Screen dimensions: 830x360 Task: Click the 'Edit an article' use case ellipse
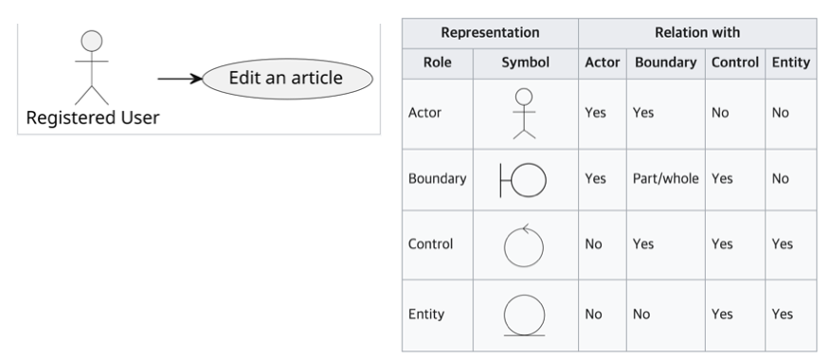pyautogui.click(x=287, y=79)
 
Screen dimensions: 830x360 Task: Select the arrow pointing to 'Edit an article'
pyautogui.click(x=180, y=79)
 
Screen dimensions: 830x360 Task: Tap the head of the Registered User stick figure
pyautogui.click(x=92, y=41)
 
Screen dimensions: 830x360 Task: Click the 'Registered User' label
pyautogui.click(x=93, y=117)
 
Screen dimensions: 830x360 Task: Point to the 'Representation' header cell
pyautogui.click(x=490, y=33)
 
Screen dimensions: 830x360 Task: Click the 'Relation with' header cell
pyautogui.click(x=697, y=33)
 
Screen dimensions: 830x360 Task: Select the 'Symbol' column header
pyautogui.click(x=525, y=63)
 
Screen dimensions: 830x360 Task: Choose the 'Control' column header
pyautogui.click(x=734, y=63)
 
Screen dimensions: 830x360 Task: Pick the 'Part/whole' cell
pyautogui.click(x=665, y=179)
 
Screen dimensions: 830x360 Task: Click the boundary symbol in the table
pyautogui.click(x=523, y=181)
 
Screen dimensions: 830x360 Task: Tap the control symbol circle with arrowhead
pyautogui.click(x=524, y=245)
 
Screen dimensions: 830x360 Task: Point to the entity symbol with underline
pyautogui.click(x=524, y=315)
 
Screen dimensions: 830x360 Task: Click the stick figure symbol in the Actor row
pyautogui.click(x=524, y=114)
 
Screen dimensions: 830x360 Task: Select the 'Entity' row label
pyautogui.click(x=426, y=315)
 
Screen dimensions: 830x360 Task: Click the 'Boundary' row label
pyautogui.click(x=437, y=179)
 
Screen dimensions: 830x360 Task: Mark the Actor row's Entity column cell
pyautogui.click(x=791, y=114)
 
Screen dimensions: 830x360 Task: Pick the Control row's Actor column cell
pyautogui.click(x=603, y=244)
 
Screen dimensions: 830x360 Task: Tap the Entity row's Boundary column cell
pyautogui.click(x=665, y=315)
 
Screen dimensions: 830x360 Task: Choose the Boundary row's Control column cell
pyautogui.click(x=734, y=179)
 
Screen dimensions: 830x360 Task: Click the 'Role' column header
pyautogui.click(x=437, y=63)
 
